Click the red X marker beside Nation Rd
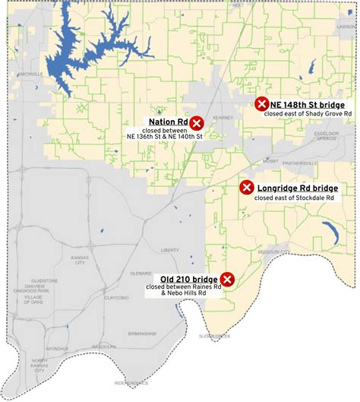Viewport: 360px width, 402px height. [x=197, y=122]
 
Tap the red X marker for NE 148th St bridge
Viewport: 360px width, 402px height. [x=261, y=104]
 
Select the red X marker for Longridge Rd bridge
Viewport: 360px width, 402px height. [x=246, y=188]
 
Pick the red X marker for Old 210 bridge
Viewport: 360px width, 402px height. [x=226, y=279]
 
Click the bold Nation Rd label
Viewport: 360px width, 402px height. [x=168, y=122]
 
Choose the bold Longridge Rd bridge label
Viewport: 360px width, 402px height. [x=297, y=188]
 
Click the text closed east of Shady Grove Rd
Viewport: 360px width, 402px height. [x=308, y=114]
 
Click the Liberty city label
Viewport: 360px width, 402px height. [x=169, y=249]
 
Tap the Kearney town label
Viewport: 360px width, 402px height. [x=221, y=118]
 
